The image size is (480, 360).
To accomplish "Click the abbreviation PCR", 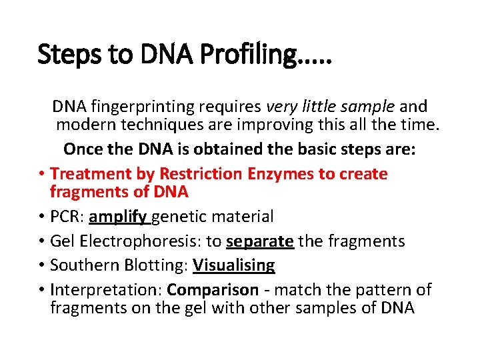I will [65, 217].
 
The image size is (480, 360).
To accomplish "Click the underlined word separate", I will [260, 241].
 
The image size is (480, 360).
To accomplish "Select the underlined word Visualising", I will [234, 265].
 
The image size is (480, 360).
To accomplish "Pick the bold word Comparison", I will [213, 290].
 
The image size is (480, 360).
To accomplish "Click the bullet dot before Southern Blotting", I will [41, 265].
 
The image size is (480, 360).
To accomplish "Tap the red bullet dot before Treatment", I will [41, 174].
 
